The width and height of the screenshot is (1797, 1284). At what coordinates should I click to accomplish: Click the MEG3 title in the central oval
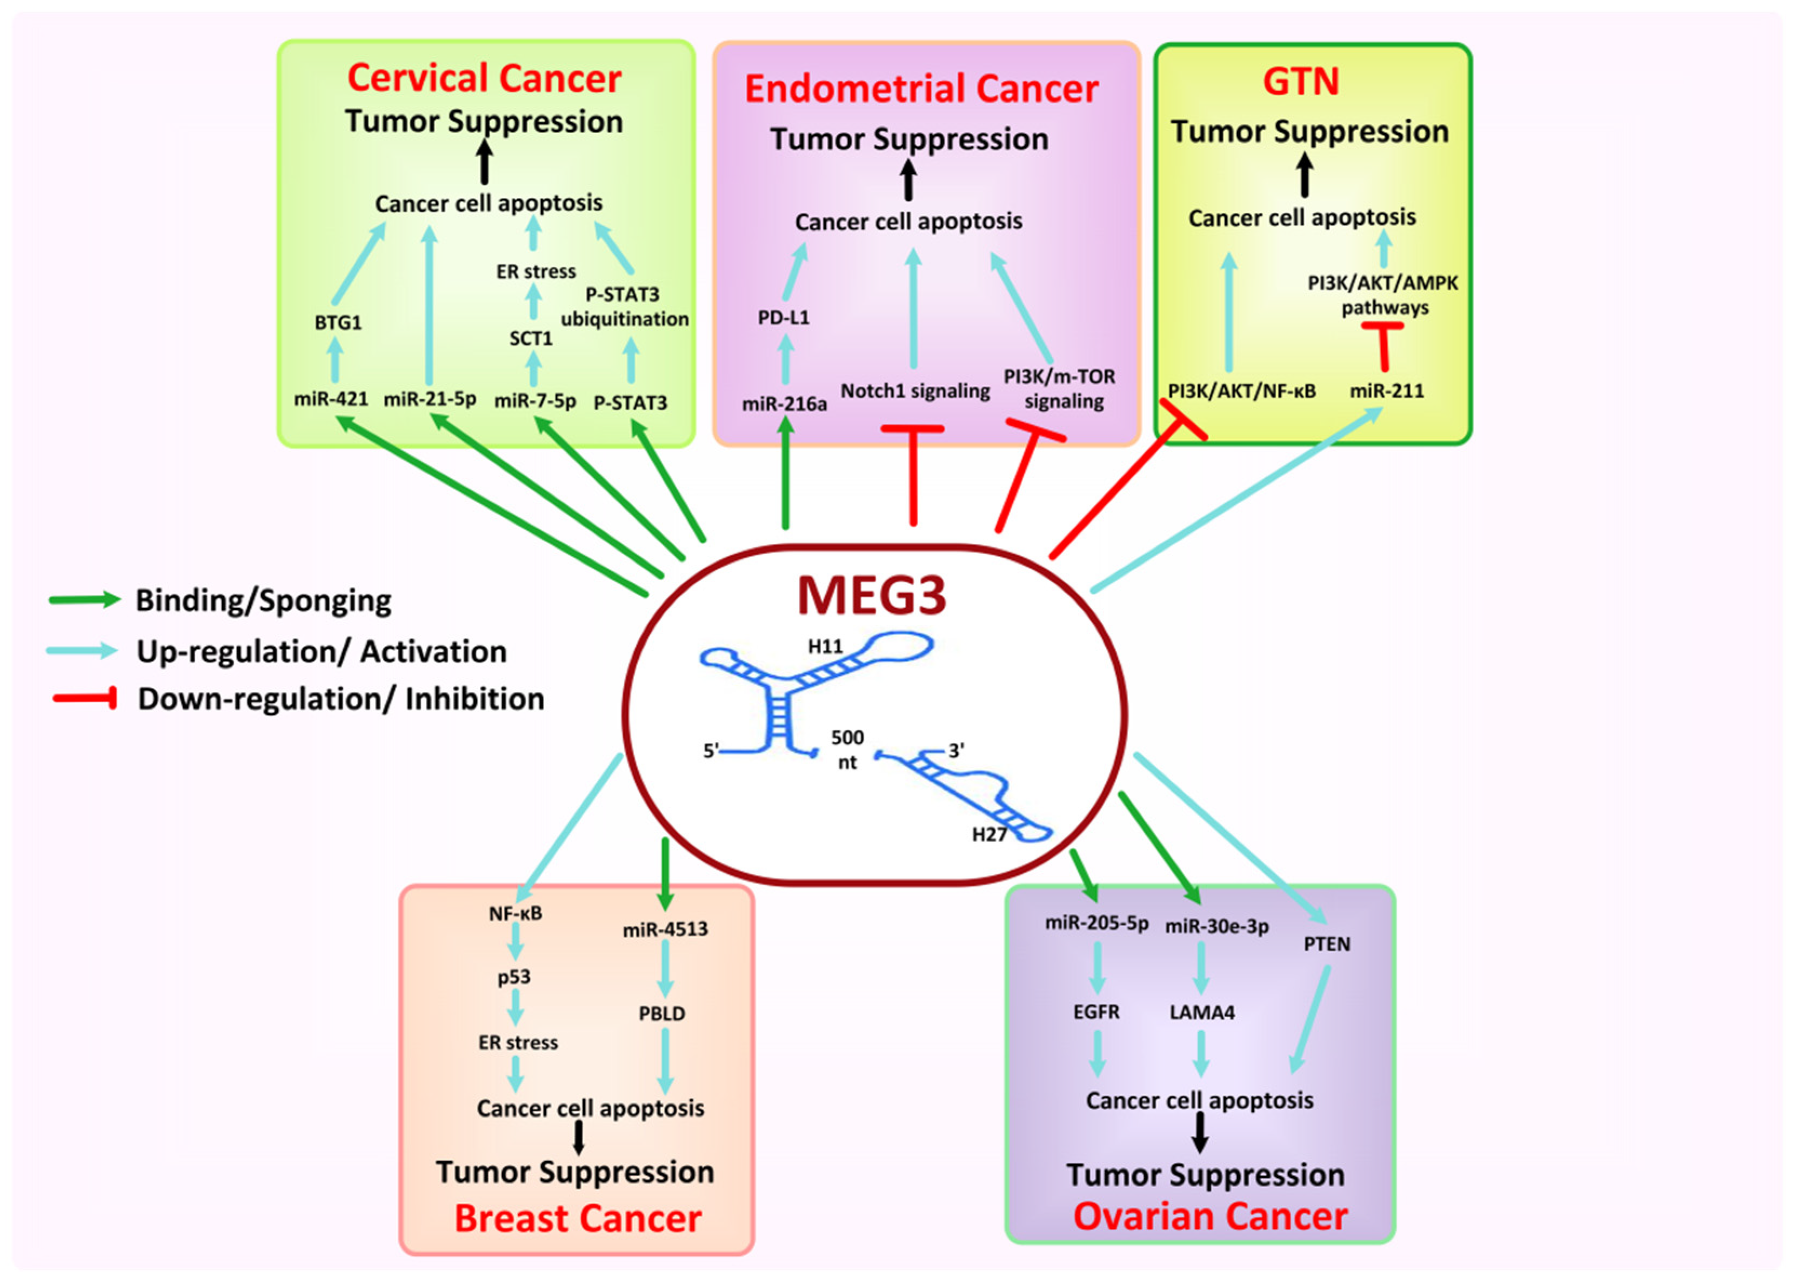871,596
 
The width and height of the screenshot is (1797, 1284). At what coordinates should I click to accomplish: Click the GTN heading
1300,82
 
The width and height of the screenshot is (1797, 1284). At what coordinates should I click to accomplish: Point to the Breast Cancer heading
577,1219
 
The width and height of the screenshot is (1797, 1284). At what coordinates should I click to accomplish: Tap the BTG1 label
338,323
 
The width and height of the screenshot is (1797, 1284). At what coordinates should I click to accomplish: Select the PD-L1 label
784,318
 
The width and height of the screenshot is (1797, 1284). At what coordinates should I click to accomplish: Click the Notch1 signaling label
914,391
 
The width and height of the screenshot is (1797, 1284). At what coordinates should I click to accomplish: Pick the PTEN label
1327,944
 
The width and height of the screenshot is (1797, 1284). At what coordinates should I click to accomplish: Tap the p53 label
514,977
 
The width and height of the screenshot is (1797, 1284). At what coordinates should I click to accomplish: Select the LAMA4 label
1201,1012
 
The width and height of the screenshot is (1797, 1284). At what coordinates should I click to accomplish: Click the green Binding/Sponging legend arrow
84,600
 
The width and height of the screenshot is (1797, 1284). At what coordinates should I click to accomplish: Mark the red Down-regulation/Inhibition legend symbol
85,698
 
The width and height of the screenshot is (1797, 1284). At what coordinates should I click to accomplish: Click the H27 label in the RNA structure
988,835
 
